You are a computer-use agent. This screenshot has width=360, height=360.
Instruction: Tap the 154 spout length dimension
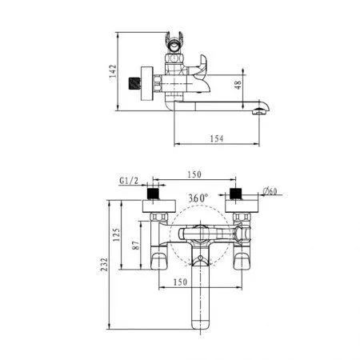(216, 138)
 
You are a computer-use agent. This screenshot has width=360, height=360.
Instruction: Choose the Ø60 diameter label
(271, 192)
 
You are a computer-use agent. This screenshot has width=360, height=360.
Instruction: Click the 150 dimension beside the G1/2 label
(194, 174)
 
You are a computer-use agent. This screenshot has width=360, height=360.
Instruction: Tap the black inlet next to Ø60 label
(236, 194)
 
